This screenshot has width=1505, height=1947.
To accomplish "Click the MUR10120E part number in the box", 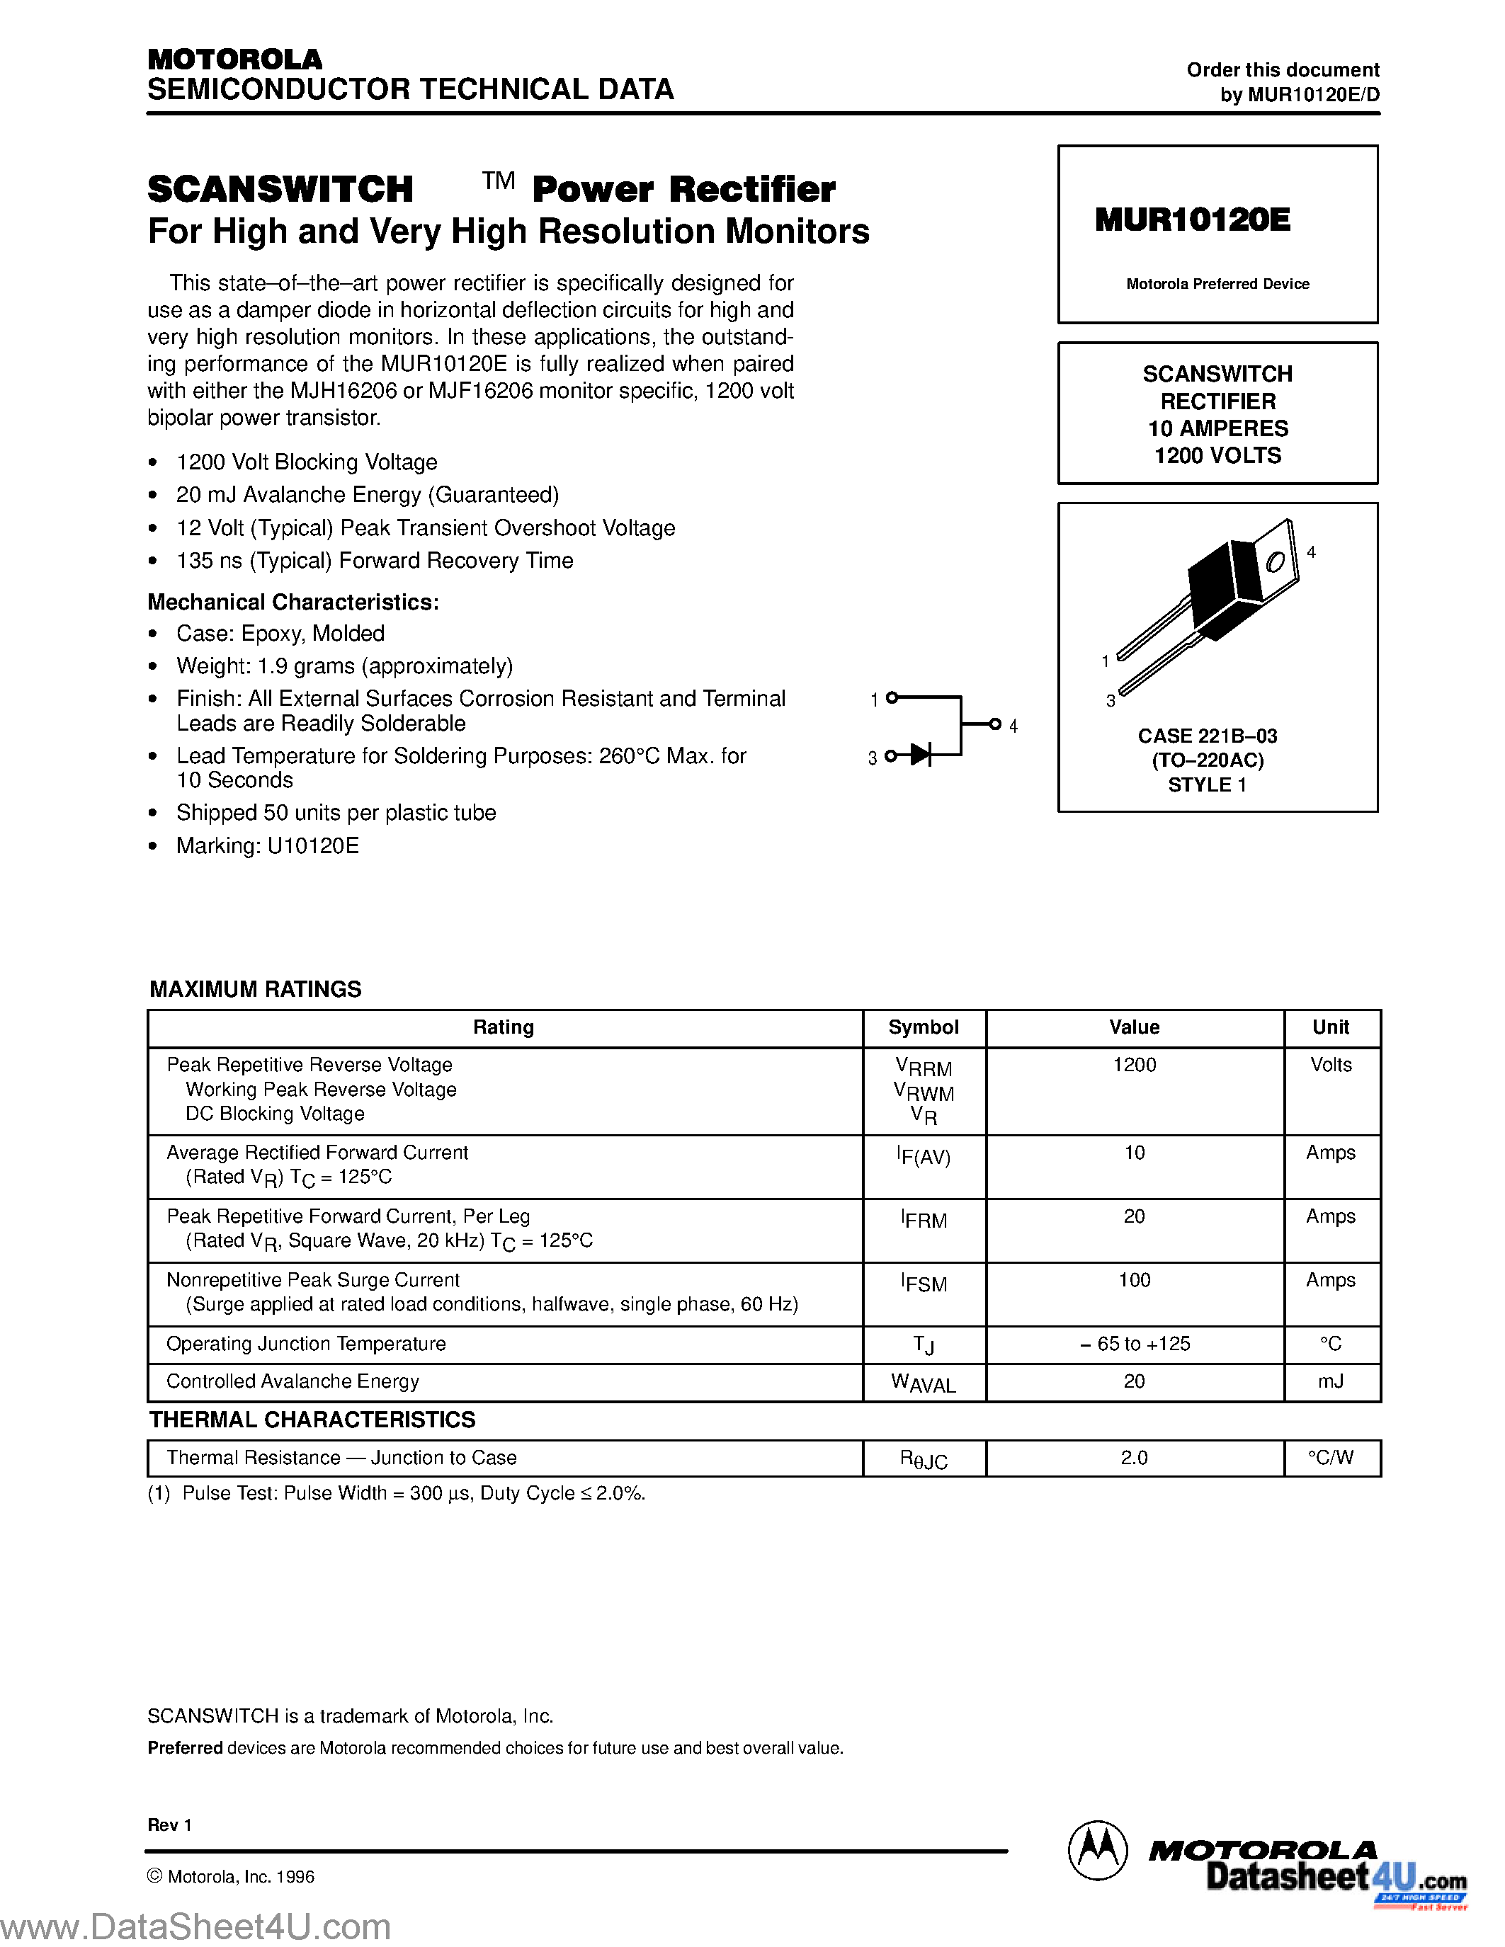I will tap(1192, 219).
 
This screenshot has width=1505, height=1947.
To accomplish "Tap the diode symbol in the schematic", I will tap(921, 756).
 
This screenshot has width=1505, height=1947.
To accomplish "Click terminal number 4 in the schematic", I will tap(1013, 726).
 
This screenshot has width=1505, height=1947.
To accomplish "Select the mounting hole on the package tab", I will tap(1276, 561).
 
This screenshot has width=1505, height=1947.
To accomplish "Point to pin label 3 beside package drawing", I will tap(1110, 701).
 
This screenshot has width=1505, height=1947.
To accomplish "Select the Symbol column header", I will tap(924, 1027).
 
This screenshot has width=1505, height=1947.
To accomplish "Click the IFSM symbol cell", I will tap(924, 1283).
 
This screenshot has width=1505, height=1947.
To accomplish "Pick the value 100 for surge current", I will tap(1134, 1280).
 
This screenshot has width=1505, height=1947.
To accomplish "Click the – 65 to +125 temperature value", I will tap(1134, 1344).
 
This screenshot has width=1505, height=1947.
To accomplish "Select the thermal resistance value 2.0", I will tap(1134, 1458).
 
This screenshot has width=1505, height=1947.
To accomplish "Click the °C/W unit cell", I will tap(1330, 1458).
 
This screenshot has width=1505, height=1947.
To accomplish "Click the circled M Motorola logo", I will tap(1096, 1850).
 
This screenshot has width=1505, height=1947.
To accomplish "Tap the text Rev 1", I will tap(169, 1825).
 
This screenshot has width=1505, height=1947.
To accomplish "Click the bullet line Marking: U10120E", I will tap(268, 845).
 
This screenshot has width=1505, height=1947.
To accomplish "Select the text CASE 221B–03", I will tap(1208, 736).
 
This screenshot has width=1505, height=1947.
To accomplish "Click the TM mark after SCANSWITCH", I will tap(499, 181).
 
